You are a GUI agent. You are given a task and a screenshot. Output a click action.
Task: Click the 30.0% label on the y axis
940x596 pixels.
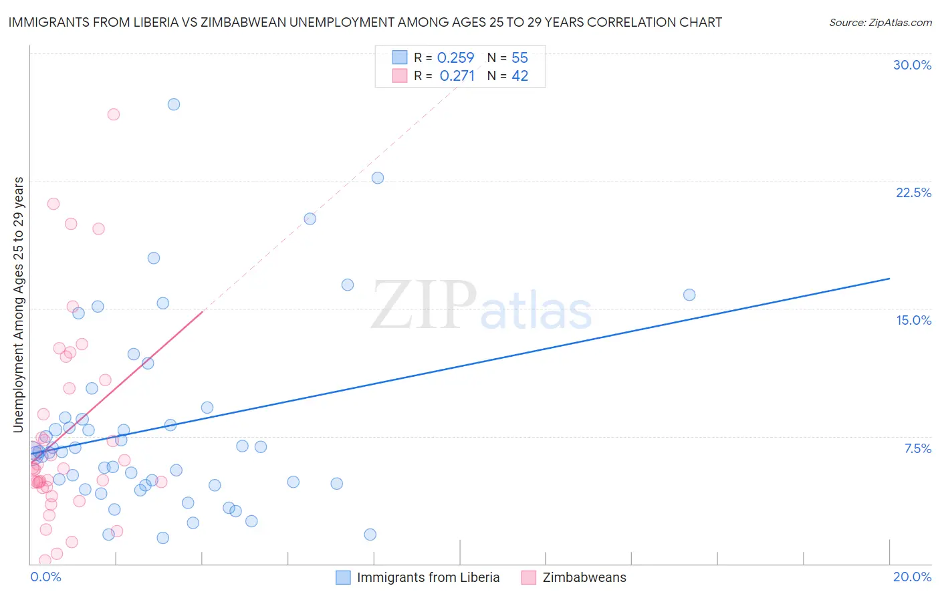[x=912, y=65]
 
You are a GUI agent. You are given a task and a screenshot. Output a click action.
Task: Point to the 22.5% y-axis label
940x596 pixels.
[x=913, y=193]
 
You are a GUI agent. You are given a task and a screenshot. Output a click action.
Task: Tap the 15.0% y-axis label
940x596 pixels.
[x=913, y=321]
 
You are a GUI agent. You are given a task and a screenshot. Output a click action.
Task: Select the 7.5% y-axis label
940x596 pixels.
[x=917, y=449]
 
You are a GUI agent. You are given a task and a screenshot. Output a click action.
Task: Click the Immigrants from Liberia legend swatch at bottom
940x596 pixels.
[x=343, y=578]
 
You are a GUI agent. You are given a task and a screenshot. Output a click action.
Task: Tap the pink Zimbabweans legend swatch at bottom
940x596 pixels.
[x=529, y=578]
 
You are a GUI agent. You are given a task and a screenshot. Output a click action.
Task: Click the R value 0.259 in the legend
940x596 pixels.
[x=455, y=58]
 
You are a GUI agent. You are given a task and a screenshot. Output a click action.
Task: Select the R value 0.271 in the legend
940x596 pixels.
[x=457, y=76]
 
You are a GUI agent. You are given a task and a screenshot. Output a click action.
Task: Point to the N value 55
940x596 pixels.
[x=519, y=58]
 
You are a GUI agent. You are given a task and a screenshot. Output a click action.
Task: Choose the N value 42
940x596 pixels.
[x=519, y=76]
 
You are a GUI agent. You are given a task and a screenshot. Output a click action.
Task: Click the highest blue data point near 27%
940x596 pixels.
[x=174, y=104]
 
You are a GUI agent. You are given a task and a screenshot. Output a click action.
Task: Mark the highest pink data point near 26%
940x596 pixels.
[x=114, y=114]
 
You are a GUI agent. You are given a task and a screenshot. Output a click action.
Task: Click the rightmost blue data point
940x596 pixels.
[x=689, y=295]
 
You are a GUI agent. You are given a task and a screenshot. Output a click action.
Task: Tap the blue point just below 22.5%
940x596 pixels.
[x=378, y=178]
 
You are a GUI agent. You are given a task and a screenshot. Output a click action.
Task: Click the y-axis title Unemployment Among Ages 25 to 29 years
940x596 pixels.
[x=19, y=304]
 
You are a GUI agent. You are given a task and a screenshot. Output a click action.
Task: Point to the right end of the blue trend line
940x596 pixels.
[x=889, y=278]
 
